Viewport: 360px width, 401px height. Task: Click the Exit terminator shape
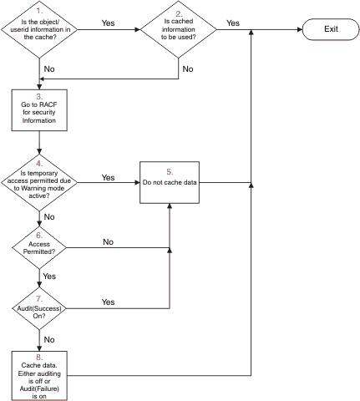(331, 29)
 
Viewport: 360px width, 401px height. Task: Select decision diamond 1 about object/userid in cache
(39, 29)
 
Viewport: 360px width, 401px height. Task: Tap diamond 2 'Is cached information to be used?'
(179, 29)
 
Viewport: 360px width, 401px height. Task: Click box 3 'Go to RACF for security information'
(39, 110)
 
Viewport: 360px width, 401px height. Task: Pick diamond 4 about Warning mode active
(39, 182)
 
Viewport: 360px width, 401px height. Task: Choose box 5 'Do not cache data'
(170, 182)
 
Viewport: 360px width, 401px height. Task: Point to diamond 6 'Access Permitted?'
(39, 247)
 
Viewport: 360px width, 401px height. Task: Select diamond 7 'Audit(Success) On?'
(39, 308)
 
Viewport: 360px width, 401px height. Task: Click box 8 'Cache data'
(39, 376)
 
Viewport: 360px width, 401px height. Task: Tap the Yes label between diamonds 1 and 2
(108, 23)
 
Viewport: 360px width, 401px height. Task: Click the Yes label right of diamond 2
(233, 23)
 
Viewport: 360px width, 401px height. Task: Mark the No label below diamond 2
(188, 69)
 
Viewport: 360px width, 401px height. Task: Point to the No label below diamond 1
(49, 69)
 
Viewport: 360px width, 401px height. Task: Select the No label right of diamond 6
(109, 241)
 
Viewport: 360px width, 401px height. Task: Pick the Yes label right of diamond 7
(108, 302)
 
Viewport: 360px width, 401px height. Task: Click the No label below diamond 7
(49, 339)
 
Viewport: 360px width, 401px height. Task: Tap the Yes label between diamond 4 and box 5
(108, 177)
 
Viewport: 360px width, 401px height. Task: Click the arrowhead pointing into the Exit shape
(300, 29)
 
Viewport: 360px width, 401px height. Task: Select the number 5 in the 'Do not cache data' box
(170, 172)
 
